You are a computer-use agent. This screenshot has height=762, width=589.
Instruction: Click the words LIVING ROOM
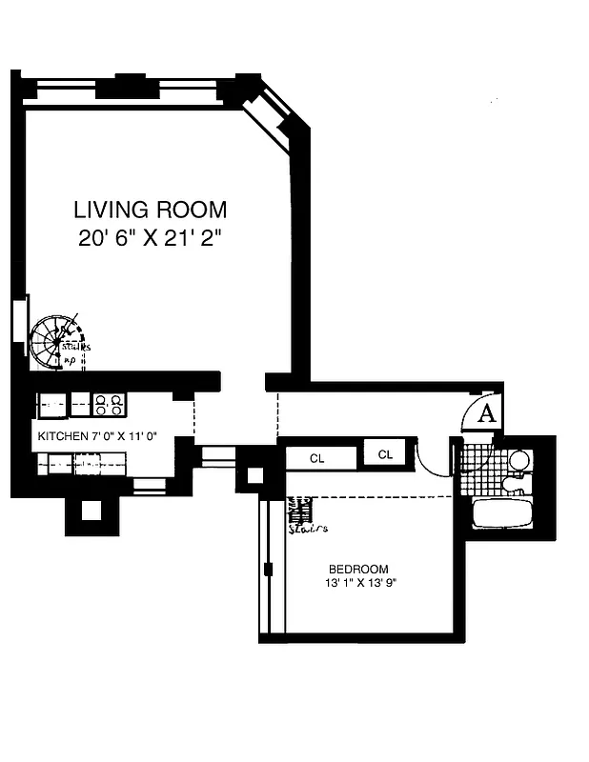coord(151,209)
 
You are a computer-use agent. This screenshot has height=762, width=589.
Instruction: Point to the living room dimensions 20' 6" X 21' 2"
coord(151,238)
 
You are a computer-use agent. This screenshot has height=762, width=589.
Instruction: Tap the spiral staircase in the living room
coord(55,343)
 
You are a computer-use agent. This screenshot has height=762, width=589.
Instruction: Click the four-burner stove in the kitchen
coord(109,405)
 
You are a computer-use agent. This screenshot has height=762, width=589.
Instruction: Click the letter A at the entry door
coord(486,413)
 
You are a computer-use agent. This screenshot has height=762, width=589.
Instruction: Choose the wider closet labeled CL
coord(317,458)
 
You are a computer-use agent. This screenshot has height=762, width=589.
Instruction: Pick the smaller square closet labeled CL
coord(385,454)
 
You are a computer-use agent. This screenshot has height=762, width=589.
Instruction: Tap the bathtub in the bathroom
coord(503,512)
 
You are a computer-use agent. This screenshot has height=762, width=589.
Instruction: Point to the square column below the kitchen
coord(91,511)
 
